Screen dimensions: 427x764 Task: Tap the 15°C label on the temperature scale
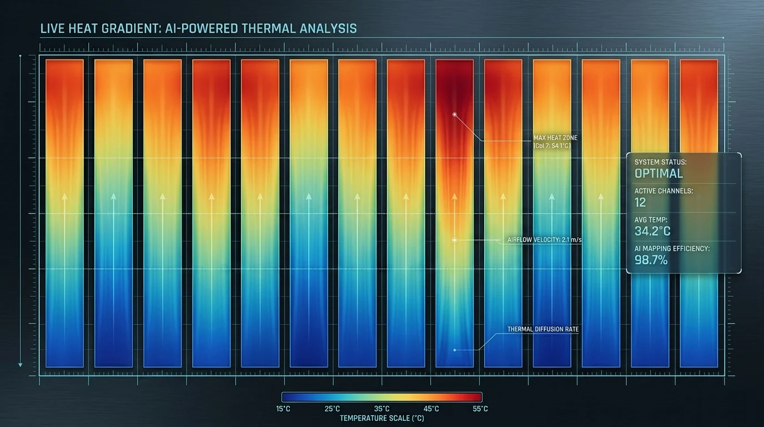tap(283, 409)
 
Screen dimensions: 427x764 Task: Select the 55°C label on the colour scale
tap(480, 409)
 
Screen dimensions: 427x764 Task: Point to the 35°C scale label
tap(381, 409)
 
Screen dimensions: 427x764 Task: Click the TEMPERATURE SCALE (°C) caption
tap(381, 418)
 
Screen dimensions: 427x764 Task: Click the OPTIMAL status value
tap(659, 173)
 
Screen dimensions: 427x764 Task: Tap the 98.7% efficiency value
tap(651, 260)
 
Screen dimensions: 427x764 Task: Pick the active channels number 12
tap(640, 202)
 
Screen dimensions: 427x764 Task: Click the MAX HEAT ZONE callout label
tap(555, 137)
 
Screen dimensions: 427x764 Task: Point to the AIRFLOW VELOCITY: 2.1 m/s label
tap(544, 240)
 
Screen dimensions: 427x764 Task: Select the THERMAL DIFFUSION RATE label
tap(543, 329)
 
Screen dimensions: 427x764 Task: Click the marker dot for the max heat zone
tap(454, 114)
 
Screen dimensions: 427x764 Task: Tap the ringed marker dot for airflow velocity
tap(454, 240)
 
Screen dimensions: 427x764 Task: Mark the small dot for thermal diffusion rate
tap(454, 350)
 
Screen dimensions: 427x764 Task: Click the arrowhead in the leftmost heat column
tap(64, 196)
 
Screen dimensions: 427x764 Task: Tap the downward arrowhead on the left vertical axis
tap(21, 364)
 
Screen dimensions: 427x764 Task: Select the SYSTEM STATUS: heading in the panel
tap(661, 162)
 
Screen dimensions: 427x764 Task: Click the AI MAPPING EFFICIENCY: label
tap(672, 249)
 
